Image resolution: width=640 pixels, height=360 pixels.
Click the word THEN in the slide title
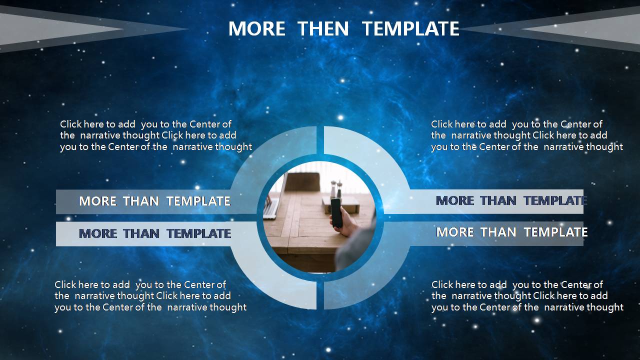point(323,28)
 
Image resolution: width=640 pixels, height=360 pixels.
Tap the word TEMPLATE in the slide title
point(410,28)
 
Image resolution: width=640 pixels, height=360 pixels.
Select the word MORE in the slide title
point(256,28)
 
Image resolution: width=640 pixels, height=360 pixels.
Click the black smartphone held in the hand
point(336,212)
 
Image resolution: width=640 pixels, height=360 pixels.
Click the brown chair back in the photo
point(303,181)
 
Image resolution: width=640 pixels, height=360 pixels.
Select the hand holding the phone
point(344,224)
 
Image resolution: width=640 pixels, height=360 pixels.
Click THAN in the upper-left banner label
point(141,201)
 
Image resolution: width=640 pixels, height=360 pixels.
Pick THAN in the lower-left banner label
point(141,233)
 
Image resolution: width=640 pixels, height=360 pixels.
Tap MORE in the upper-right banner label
point(455,200)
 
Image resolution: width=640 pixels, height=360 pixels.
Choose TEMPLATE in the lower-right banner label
point(555,232)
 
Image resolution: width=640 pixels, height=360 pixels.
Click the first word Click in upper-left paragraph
point(71,124)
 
